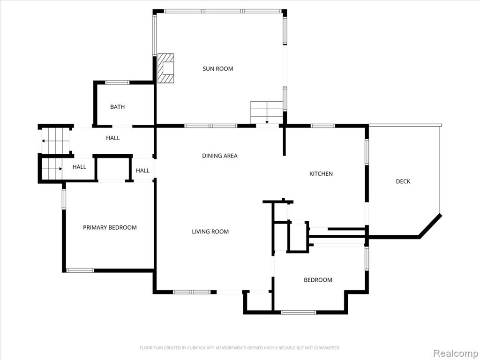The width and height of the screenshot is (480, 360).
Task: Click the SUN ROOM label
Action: [217, 68]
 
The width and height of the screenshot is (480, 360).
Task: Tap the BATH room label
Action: [118, 107]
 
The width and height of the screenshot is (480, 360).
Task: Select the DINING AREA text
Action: [219, 156]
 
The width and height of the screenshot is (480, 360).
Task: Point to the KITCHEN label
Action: [321, 173]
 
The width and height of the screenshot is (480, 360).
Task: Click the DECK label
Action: [403, 181]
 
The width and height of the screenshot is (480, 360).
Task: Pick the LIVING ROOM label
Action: [210, 232]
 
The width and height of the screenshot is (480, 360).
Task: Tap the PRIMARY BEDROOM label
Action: [110, 227]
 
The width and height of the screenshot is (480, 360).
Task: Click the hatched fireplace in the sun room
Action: [165, 68]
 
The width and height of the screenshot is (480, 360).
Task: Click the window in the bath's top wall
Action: [117, 82]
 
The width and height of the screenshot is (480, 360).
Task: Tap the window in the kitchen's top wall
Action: [322, 126]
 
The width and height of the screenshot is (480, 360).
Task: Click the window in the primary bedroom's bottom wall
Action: [80, 270]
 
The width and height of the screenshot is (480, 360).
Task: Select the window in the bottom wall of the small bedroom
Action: [299, 312]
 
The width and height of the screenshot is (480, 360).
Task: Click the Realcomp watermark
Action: [455, 353]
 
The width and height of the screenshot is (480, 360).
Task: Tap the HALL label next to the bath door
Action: [113, 138]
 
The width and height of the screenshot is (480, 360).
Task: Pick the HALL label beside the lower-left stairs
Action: [79, 167]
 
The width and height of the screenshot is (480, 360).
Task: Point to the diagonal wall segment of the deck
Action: [430, 226]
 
